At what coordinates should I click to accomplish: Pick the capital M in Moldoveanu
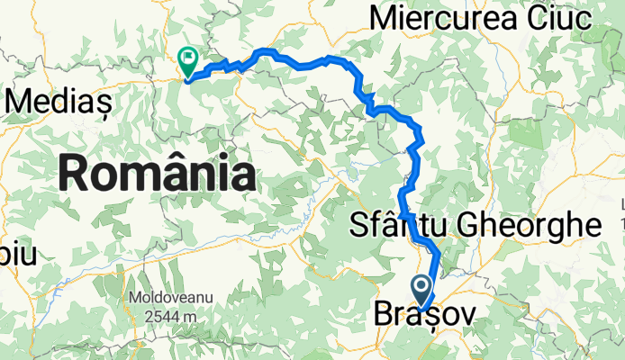coord(131,297)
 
